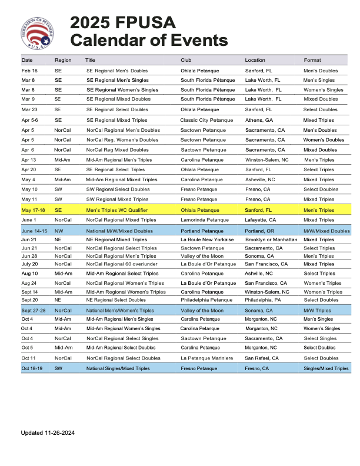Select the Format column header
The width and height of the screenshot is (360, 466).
(312, 60)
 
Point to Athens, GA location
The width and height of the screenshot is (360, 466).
(259, 120)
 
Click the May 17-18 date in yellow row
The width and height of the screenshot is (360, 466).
(33, 210)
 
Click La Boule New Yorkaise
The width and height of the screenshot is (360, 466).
(207, 239)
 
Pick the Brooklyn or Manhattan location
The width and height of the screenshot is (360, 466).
(271, 239)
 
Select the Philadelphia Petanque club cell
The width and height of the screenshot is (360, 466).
(206, 300)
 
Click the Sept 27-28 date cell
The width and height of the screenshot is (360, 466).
(34, 310)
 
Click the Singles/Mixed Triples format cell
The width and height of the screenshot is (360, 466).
(326, 368)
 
